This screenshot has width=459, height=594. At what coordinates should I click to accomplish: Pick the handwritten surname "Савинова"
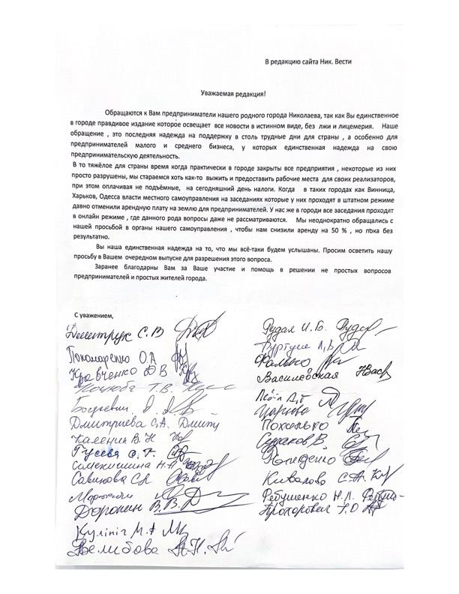click(93, 481)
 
